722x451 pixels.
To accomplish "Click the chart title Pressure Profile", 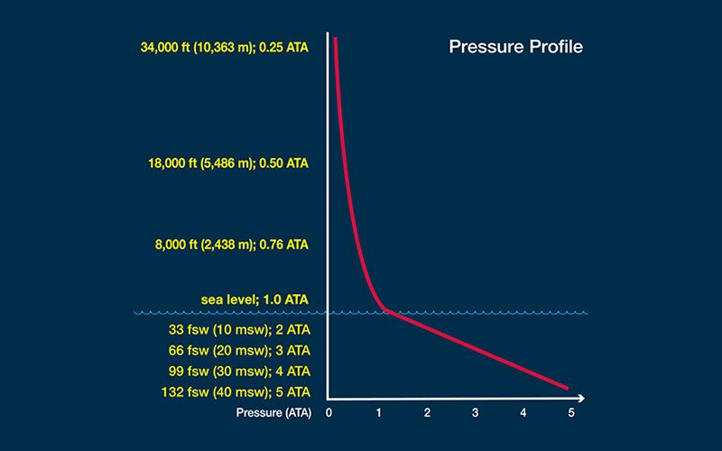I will (x=515, y=47).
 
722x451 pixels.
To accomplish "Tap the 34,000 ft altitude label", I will (x=225, y=47).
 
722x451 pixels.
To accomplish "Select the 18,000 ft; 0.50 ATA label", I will (x=228, y=163).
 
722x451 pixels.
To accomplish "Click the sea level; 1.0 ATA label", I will (x=255, y=299).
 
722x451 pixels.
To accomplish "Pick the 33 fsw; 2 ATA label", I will (x=239, y=329).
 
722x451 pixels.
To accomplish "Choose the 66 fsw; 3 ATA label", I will (x=239, y=350).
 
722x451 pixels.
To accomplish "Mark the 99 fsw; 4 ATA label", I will (x=239, y=371).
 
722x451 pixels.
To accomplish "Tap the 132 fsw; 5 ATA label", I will (x=236, y=391).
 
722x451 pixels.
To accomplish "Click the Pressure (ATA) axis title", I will (x=274, y=413).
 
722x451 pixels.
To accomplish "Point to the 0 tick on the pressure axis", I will (x=329, y=413).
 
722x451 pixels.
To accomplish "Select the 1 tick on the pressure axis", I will (x=378, y=413).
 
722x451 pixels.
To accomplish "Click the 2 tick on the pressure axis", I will (x=427, y=413).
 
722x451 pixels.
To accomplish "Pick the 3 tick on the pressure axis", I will (x=475, y=413).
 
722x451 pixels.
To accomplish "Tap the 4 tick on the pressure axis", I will (x=523, y=413).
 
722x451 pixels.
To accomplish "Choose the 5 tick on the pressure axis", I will (x=571, y=413).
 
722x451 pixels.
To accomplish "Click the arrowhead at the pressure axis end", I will (x=581, y=398).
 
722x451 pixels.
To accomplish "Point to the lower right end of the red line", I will (x=567, y=388).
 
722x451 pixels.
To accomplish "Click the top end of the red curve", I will (x=335, y=39).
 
